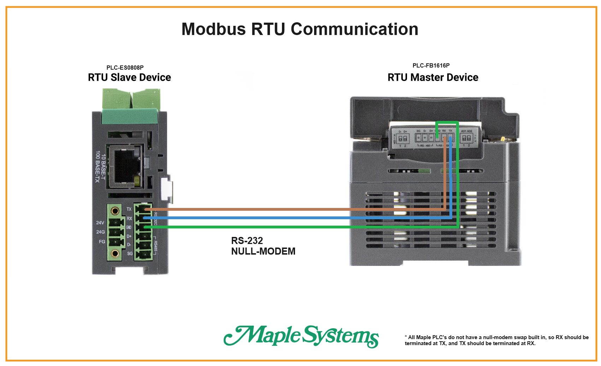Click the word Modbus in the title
(x=213, y=29)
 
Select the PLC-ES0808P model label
(x=125, y=68)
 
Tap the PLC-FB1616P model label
(x=431, y=65)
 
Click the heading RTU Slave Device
(x=129, y=77)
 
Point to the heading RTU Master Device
(x=433, y=77)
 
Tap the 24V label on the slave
(x=100, y=223)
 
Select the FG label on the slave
(x=102, y=242)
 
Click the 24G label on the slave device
(x=100, y=232)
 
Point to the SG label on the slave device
(x=130, y=254)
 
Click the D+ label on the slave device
(x=129, y=236)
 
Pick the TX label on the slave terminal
(x=129, y=209)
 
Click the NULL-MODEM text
(x=263, y=251)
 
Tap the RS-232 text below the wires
(x=247, y=241)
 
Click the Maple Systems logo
(x=301, y=336)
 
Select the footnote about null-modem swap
(x=496, y=340)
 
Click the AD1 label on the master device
(x=464, y=131)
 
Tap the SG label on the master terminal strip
(x=418, y=131)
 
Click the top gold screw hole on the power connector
(x=115, y=211)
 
